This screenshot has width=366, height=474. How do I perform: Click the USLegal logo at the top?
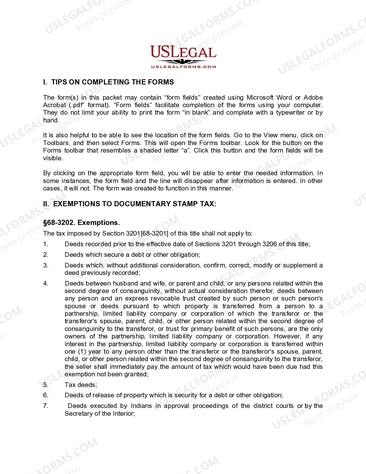tap(183, 57)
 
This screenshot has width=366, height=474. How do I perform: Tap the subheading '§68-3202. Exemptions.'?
tap(82, 223)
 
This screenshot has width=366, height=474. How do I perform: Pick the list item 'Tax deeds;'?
tap(81, 385)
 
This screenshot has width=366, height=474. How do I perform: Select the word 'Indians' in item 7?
tap(141, 406)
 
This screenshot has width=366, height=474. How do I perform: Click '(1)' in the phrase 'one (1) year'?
tap(82, 352)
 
